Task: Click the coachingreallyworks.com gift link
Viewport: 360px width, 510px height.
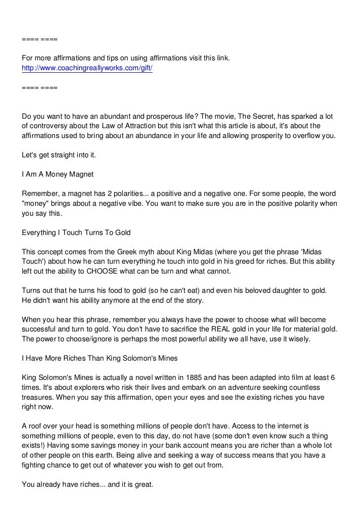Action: tap(87, 68)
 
